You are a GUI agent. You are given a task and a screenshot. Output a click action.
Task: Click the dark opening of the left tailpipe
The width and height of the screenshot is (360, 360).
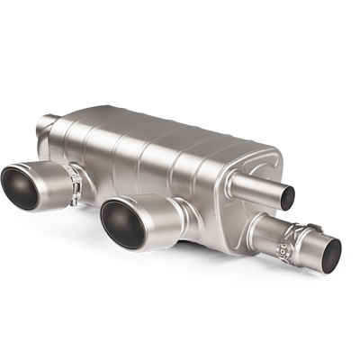tap(25, 188)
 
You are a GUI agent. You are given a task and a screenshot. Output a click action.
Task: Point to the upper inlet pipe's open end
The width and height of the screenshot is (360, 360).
tap(287, 193)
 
